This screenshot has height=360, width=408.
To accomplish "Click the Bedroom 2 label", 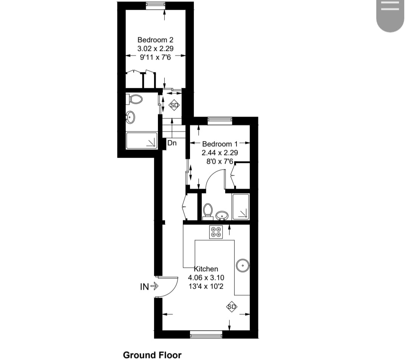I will pos(155,40).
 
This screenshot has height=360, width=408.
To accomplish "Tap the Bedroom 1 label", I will pos(220,144).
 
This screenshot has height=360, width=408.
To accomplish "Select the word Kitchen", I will pos(206,269).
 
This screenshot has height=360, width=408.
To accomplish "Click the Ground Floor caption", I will pos(152,355).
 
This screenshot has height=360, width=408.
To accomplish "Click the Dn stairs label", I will pos(172,143).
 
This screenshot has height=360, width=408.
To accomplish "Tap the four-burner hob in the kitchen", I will pos(216,232).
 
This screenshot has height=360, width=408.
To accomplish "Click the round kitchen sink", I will pos(242,266).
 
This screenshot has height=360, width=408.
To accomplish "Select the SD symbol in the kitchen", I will pos(231,307).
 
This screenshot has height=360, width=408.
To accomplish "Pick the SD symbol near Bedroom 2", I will pos(174,105).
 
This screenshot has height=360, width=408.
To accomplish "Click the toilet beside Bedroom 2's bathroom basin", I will pos(135,99).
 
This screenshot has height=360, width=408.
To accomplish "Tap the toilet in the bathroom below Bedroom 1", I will pos(207,211).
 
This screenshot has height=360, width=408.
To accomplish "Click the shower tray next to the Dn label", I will pos(142,140).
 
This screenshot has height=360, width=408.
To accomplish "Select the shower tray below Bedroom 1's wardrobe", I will pos(241,206).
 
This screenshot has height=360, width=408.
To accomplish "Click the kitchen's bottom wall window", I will pos(206,334).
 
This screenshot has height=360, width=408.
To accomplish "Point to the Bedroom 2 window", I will pos(156,5).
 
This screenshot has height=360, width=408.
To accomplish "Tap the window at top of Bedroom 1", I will pos(219,120).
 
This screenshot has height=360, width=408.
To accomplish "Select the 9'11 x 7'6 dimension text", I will pos(155,57).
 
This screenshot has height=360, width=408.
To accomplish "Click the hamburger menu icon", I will pos(390,5).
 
